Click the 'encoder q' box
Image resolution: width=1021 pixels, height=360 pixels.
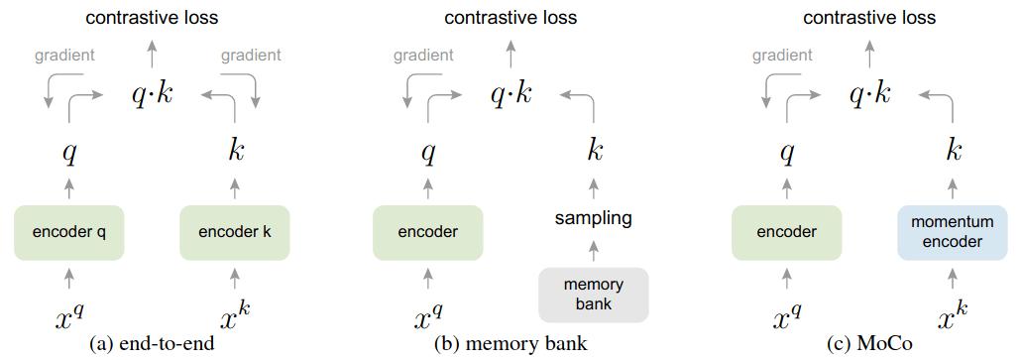click(69, 232)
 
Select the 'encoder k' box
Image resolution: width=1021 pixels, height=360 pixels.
click(235, 232)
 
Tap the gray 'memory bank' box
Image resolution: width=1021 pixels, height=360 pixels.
click(594, 295)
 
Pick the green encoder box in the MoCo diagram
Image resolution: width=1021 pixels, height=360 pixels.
click(787, 232)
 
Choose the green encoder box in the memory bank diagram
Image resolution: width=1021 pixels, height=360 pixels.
click(428, 232)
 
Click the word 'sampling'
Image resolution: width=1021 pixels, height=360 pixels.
click(594, 218)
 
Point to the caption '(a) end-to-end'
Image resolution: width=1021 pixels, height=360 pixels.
click(152, 344)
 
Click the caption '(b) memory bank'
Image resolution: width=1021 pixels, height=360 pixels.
click(510, 344)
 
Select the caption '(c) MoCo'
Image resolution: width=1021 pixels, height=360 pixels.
click(869, 344)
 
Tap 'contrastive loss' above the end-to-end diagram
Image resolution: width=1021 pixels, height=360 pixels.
click(152, 17)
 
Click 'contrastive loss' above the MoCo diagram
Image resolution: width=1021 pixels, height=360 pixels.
click(869, 17)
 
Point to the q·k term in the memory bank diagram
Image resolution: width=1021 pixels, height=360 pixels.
click(510, 94)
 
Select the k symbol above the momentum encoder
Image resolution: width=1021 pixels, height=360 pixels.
click(954, 152)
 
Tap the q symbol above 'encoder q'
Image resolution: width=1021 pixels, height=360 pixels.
click(69, 154)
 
